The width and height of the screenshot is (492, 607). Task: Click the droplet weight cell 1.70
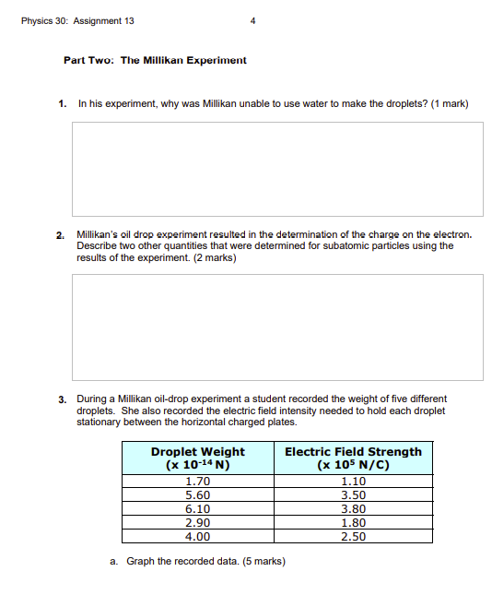point(197,481)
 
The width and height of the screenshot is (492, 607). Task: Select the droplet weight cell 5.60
point(197,494)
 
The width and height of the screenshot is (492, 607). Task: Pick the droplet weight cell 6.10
point(197,508)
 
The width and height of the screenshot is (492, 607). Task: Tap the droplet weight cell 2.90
point(197,522)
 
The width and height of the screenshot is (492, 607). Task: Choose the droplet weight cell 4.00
point(197,536)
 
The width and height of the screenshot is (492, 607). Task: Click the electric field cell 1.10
point(353,481)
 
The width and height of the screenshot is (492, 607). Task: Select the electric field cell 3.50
point(353,494)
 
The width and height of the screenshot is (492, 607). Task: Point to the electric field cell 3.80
point(353,508)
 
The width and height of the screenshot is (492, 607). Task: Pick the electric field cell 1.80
point(353,522)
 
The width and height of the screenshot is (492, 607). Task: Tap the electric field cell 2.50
point(353,536)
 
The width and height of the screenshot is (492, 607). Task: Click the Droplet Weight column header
point(197,458)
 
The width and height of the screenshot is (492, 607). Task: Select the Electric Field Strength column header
point(353,458)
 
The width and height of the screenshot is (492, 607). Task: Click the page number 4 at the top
point(252,21)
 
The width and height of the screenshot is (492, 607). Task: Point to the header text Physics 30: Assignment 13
point(77,21)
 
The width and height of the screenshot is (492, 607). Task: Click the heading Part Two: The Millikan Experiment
point(155,60)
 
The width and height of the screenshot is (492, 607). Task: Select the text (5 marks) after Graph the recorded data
point(263,561)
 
